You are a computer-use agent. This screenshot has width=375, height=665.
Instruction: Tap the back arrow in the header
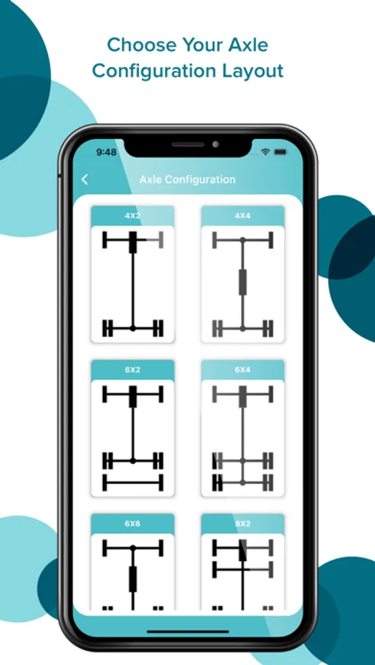point(84,180)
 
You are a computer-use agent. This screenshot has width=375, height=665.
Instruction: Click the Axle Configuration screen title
point(187,180)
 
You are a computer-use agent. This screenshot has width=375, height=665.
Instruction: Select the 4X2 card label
point(132,216)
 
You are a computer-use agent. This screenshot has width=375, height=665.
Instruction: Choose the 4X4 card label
point(243,216)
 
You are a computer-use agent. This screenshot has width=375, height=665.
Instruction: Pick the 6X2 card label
point(132,369)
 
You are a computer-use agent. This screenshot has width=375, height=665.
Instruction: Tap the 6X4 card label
point(243,369)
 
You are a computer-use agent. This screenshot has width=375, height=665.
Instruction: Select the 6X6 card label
point(132,523)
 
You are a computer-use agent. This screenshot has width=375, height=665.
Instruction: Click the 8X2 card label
point(243,523)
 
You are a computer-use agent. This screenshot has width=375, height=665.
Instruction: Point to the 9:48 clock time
point(107,151)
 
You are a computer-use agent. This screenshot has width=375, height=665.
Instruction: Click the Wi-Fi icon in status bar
point(266,151)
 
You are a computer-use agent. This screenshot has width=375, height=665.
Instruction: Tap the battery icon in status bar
point(281,151)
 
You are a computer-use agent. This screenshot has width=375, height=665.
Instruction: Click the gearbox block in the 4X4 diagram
point(243,282)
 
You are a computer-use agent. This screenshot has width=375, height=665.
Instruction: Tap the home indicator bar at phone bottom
point(188,632)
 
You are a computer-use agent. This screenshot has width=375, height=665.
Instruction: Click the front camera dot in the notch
point(216,144)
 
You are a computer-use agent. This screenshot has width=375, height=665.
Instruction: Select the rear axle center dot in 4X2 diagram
point(132,328)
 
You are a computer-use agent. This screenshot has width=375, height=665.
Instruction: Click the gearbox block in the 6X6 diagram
point(133,579)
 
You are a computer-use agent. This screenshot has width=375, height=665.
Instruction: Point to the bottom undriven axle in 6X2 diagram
point(133,482)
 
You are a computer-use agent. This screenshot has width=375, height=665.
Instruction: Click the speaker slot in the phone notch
point(188,144)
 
